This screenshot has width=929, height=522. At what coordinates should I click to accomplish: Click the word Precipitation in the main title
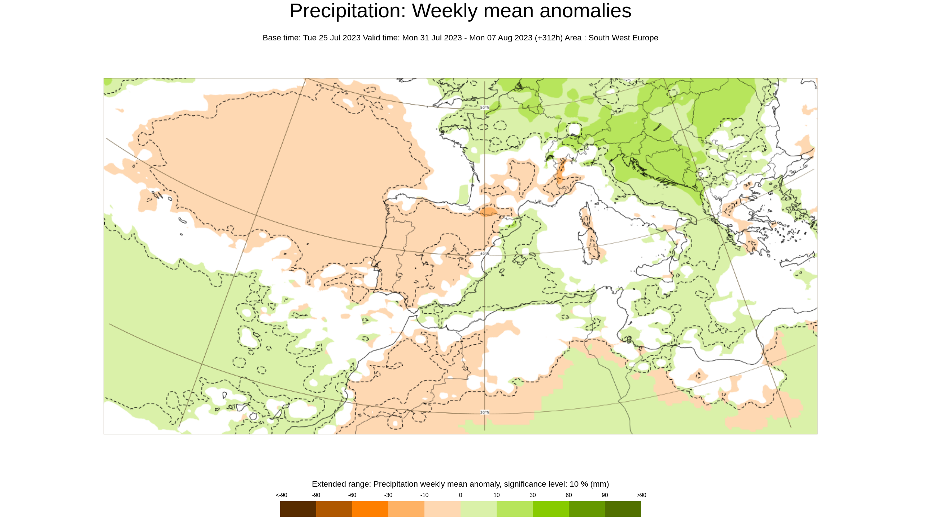(348, 11)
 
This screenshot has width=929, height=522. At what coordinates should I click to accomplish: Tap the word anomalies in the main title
(585, 11)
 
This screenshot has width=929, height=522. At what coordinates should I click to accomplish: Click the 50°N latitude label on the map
(485, 107)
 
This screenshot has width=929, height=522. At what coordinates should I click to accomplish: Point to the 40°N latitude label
(485, 254)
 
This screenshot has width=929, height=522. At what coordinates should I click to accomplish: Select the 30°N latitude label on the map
(485, 412)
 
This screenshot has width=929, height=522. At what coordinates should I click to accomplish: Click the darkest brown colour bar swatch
(298, 509)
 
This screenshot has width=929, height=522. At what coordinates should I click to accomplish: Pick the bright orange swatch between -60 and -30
(370, 509)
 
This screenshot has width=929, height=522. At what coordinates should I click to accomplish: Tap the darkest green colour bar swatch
(623, 509)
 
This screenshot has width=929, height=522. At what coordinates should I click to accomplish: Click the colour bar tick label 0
(460, 495)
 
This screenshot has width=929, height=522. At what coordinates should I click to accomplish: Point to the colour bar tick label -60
(352, 495)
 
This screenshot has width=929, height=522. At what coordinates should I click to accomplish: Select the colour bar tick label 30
(532, 495)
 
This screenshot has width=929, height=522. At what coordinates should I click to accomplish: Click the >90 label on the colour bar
(641, 495)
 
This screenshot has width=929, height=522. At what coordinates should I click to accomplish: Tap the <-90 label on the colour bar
(281, 495)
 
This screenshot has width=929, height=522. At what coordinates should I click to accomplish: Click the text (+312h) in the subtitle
(549, 38)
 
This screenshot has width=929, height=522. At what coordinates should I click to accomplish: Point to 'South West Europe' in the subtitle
(623, 38)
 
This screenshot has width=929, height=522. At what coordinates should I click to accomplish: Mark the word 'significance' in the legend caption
(525, 484)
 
